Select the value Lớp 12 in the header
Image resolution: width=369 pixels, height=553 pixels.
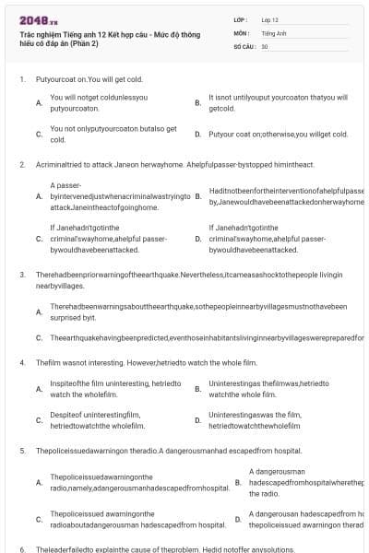coord(269,19)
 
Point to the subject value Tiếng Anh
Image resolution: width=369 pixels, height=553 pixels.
coord(272,32)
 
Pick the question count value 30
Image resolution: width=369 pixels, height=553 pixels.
coord(265,45)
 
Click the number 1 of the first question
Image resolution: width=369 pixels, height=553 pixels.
coord(21,79)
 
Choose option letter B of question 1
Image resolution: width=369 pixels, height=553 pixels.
coord(197,102)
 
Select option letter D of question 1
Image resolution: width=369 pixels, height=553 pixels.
coord(197,134)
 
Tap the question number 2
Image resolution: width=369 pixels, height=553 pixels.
coord(21,164)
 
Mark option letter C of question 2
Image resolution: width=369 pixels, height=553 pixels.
coord(38,238)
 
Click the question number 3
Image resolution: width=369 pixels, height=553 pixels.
coord(21,274)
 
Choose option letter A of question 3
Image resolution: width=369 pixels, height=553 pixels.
coord(38,311)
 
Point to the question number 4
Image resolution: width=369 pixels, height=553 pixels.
coord(21,362)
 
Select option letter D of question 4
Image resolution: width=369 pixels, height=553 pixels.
coord(197,420)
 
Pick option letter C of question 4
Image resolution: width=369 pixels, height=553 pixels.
coord(38,420)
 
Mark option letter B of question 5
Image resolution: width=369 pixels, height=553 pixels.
coord(238,482)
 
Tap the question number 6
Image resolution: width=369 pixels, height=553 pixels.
coord(21,548)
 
